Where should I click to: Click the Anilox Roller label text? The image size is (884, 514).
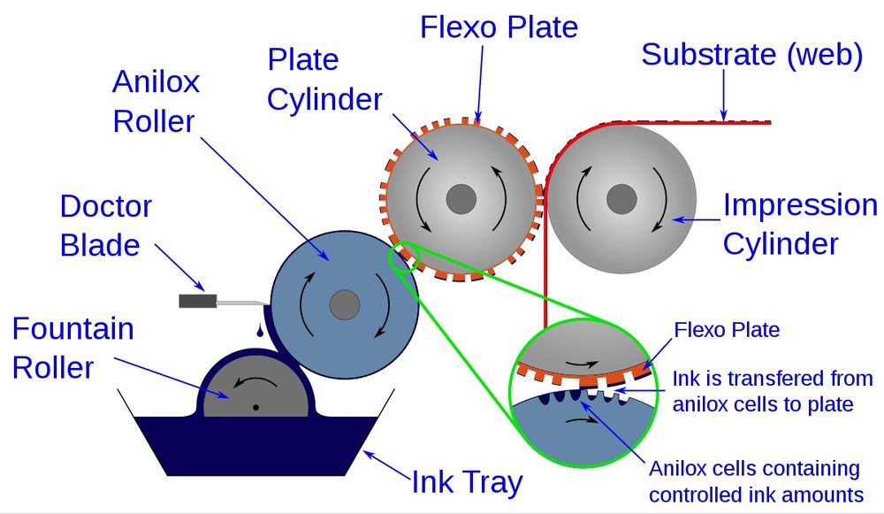[x=156, y=101]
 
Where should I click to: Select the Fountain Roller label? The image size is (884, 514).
[x=72, y=347]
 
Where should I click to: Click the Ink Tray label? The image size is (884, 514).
[x=467, y=482]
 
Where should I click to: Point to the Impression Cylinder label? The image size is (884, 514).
[x=799, y=223]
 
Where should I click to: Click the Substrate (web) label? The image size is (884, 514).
[x=751, y=54]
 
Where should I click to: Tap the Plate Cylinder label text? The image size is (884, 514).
[x=324, y=80]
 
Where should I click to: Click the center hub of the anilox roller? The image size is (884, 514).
[x=345, y=306]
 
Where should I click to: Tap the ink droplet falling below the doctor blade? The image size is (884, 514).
[x=258, y=331]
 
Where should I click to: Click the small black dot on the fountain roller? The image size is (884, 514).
[x=255, y=408]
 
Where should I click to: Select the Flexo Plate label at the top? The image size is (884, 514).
[x=499, y=27]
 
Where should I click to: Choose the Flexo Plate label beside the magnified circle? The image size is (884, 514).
[x=727, y=330]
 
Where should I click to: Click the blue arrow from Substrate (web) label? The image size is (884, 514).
[x=724, y=96]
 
